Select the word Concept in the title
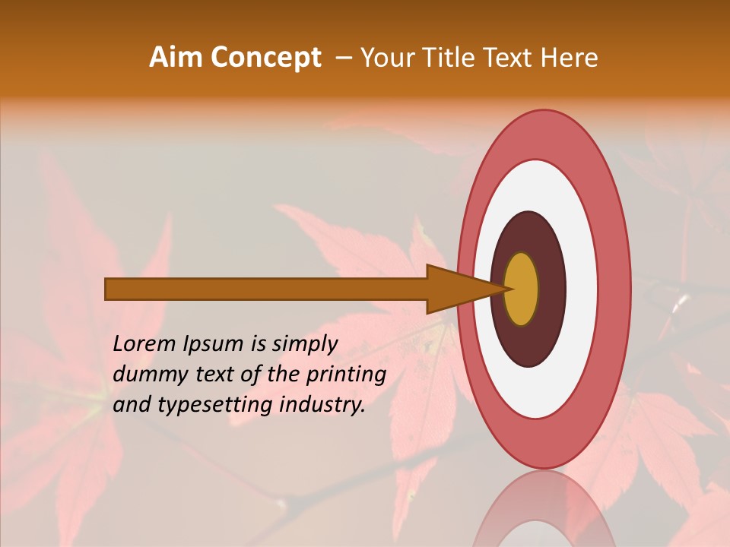(265, 58)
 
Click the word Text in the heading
(509, 58)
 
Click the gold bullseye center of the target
(521, 289)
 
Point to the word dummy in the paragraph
(148, 375)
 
